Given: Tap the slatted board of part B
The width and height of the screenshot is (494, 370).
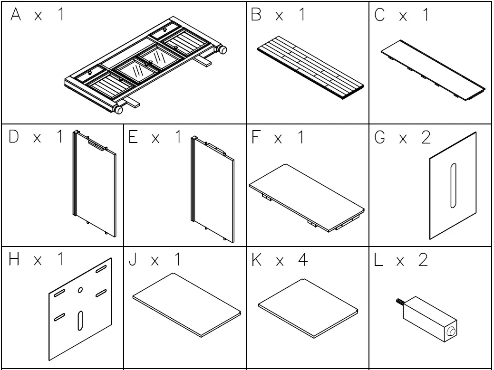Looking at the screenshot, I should coord(310,68).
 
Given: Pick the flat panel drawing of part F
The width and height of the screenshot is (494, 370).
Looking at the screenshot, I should coord(307,197).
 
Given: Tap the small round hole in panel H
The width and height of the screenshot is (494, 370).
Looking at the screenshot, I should coord(80,289).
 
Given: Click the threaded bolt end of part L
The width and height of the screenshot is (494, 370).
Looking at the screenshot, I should coord(399,301).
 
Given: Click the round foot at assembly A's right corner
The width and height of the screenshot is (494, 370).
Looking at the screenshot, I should coord(222,49).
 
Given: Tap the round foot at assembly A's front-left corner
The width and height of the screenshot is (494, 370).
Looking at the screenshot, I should coord(116,110).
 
